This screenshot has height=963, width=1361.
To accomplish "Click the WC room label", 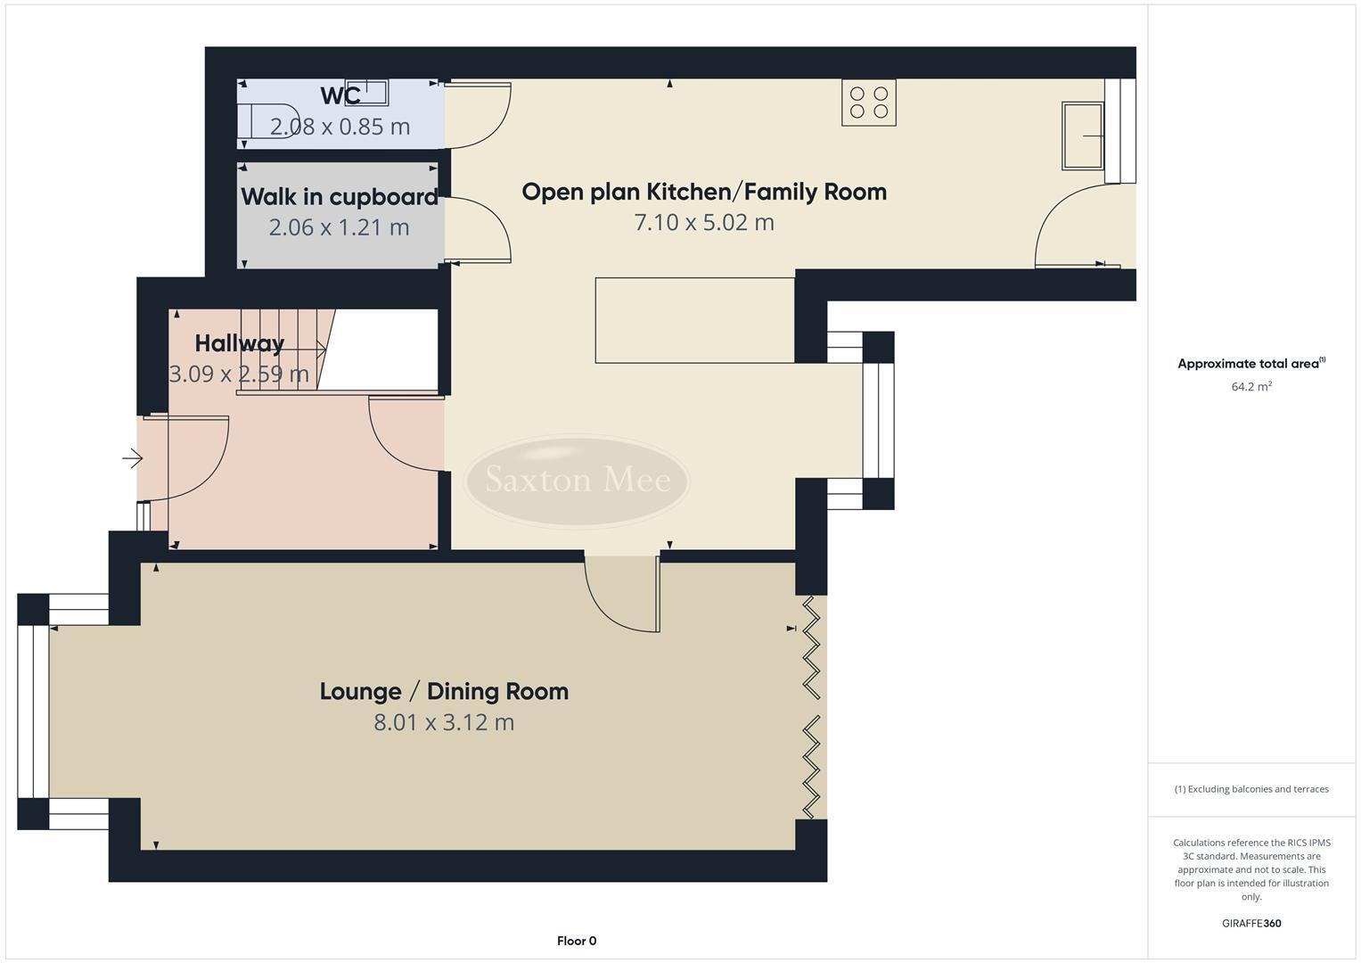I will [340, 95].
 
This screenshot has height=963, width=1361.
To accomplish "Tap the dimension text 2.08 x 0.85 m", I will [340, 127].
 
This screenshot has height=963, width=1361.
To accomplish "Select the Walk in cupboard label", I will [340, 196].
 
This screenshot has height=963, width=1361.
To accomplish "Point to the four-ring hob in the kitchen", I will [869, 103].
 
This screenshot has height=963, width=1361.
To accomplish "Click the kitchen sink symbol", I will [1082, 136].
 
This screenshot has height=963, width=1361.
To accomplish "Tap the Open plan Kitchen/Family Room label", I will [704, 192].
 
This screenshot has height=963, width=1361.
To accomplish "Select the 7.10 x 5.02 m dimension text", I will [704, 222].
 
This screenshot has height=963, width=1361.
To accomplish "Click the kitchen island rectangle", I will [694, 320].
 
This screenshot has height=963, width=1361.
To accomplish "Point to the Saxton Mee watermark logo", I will [578, 481].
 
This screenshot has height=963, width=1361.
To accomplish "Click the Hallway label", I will [239, 343].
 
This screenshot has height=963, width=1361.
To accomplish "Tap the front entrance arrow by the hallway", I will [132, 459].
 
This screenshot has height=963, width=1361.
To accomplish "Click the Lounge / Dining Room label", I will [444, 691].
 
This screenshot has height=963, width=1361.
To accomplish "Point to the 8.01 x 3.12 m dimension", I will [444, 722].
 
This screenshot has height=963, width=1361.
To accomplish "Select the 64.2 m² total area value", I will [1251, 386].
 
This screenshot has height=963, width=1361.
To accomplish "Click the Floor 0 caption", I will [577, 941].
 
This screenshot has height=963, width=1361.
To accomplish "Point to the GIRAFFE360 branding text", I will [1251, 923].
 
